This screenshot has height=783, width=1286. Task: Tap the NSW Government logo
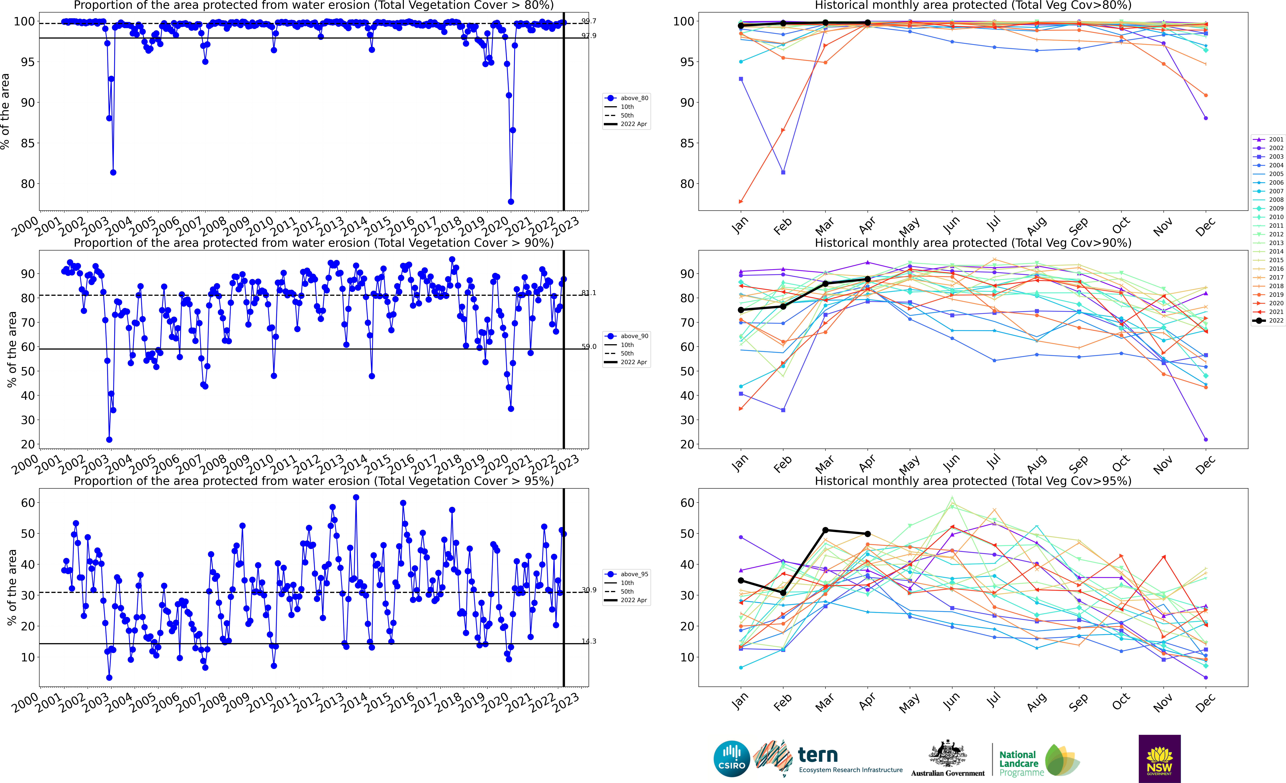point(1159,758)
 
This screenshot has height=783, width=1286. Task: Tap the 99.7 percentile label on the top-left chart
point(589,21)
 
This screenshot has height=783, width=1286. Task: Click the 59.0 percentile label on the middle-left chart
point(589,347)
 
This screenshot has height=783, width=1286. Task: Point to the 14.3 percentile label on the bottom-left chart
point(589,641)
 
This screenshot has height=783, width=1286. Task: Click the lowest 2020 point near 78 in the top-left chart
point(511,201)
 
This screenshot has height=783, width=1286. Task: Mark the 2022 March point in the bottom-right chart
point(825,530)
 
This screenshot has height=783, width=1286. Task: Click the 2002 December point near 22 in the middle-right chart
point(1206,439)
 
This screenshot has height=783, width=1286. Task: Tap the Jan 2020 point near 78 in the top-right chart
point(741,201)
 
